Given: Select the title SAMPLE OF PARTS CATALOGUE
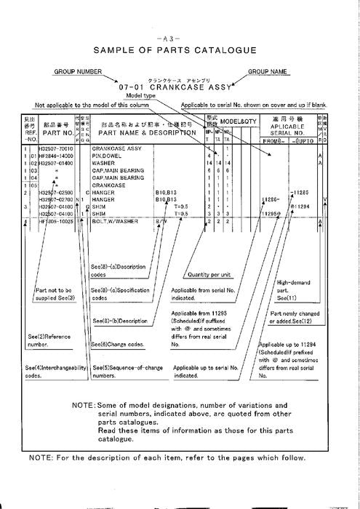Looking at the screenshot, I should pyautogui.click(x=180, y=51).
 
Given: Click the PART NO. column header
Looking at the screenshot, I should pyautogui.click(x=57, y=133).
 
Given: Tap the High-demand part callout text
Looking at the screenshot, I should pyautogui.click(x=293, y=289).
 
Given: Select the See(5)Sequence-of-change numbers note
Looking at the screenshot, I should pyautogui.click(x=119, y=373).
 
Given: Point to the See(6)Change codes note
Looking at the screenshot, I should pyautogui.click(x=118, y=344).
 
